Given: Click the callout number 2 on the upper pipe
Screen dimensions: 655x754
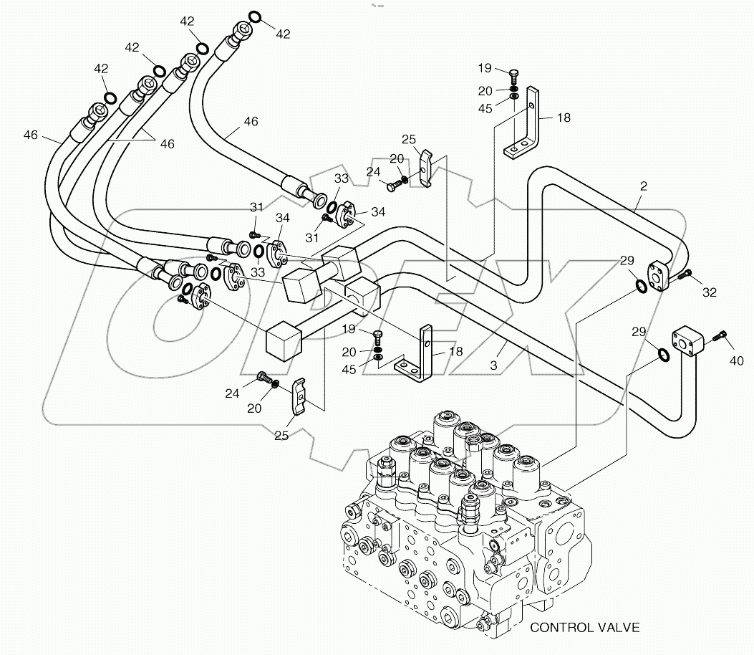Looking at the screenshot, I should [643, 186].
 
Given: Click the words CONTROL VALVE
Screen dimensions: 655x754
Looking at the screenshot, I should [585, 628].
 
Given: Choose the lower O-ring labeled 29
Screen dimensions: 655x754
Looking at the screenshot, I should [664, 354].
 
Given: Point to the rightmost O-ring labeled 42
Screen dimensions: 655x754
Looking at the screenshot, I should [255, 17].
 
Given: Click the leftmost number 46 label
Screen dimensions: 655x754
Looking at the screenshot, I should [30, 134].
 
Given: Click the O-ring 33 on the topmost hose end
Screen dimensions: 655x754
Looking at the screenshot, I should [332, 210].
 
